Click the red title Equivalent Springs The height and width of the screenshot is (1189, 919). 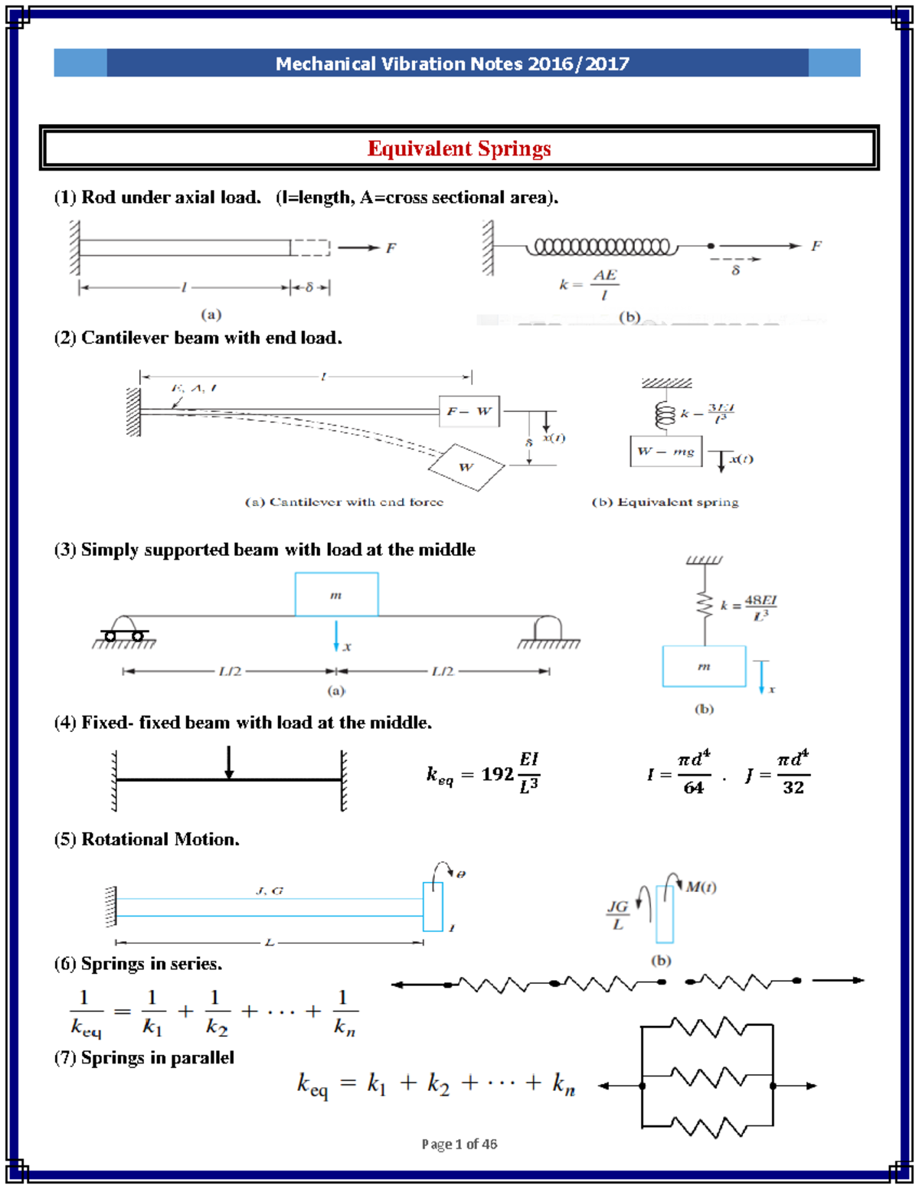pos(459,149)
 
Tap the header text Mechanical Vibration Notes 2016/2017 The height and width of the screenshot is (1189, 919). pos(452,64)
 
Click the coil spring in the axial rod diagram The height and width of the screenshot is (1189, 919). pos(602,247)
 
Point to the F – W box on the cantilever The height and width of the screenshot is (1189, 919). pos(469,411)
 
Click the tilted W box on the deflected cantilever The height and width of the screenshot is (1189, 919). pos(466,467)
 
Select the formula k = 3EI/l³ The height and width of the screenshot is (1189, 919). pos(708,413)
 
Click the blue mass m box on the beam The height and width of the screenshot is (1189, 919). pos(336,595)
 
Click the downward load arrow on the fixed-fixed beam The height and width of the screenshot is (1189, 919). pos(228,762)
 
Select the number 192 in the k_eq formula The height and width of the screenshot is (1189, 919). pos(497,774)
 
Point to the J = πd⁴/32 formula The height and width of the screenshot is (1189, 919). pos(777,774)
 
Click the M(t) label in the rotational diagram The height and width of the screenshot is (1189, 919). pos(701,887)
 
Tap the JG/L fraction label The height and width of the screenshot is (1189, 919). pos(617,915)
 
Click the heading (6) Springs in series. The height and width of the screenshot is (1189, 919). pos(138,964)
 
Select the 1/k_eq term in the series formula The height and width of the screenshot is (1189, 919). pos(86,1012)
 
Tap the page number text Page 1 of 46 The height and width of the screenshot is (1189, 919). pos(459,1144)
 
